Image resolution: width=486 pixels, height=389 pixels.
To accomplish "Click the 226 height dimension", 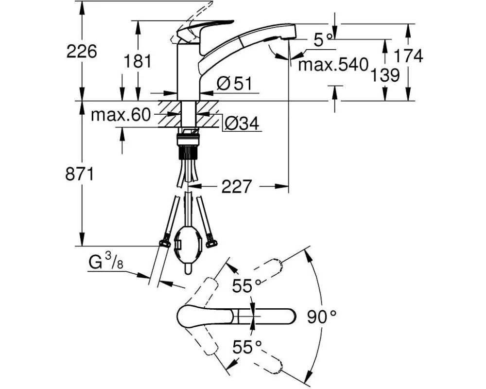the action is (82, 52).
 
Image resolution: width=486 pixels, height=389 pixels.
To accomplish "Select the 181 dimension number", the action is (138, 61).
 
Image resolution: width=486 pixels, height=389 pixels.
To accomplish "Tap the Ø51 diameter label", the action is (235, 84).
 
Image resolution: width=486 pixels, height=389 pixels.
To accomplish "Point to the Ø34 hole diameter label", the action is (242, 124).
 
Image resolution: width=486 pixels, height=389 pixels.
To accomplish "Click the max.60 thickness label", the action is (121, 115).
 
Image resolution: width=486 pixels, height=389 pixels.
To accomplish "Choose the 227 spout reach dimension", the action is (236, 186).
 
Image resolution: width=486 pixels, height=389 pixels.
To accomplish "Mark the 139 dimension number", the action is (385, 75).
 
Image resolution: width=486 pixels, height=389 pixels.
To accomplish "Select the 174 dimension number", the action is (408, 56).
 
